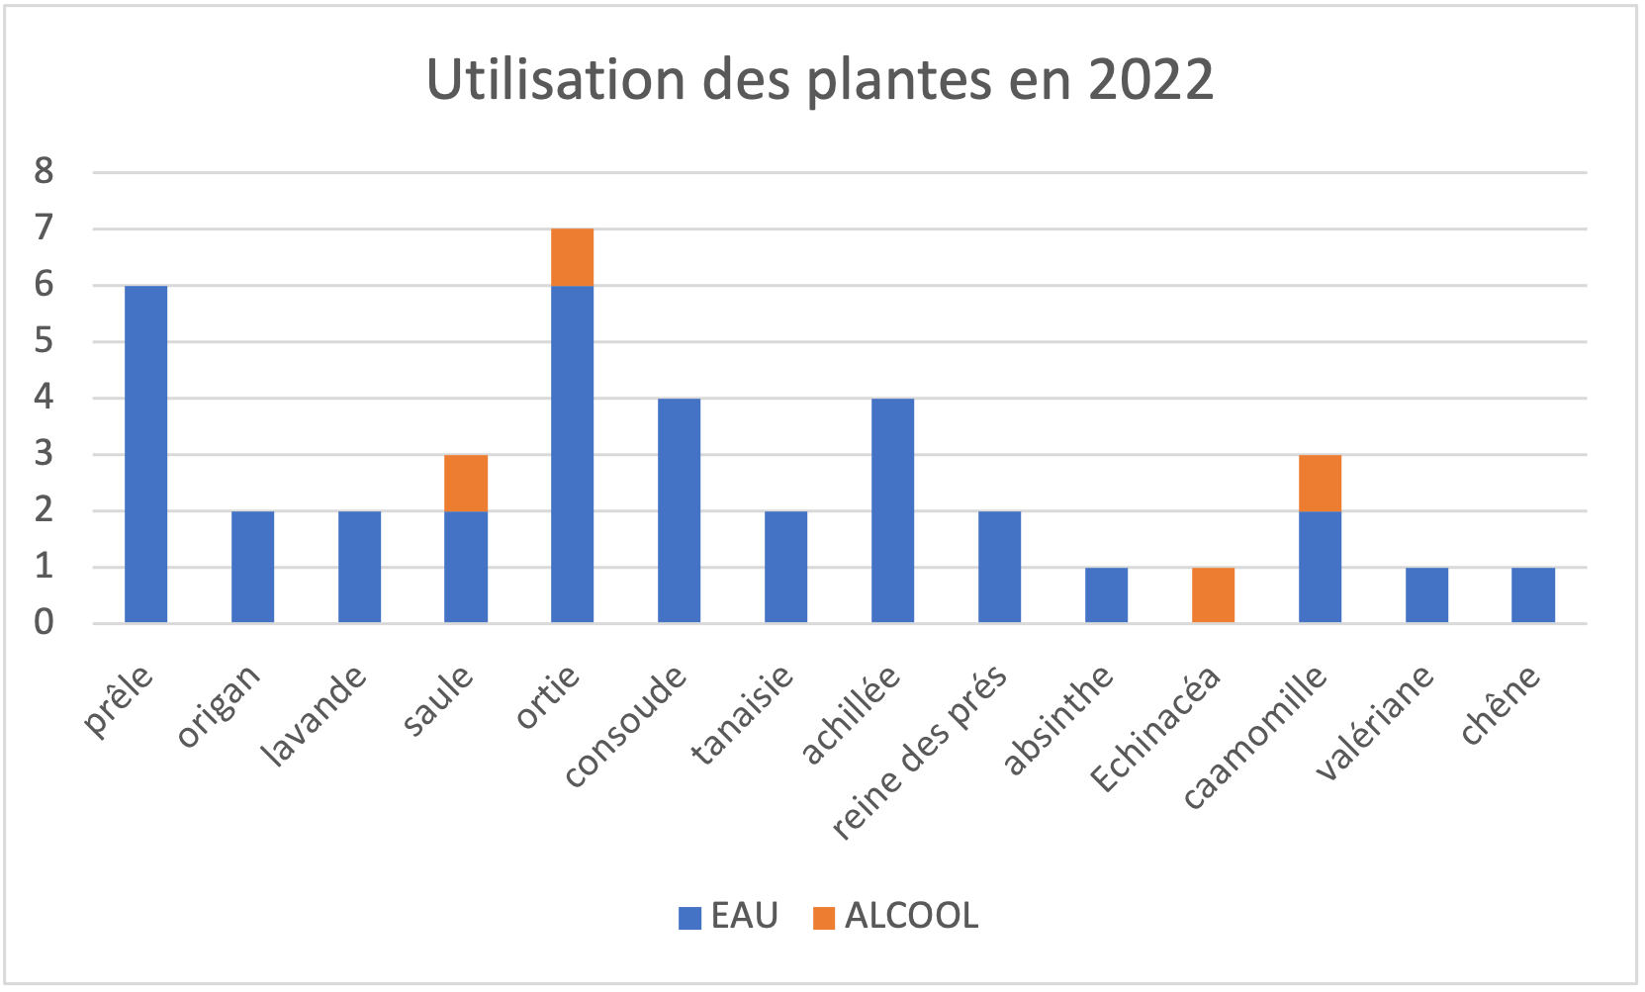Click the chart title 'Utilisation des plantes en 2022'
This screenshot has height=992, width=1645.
pos(820,80)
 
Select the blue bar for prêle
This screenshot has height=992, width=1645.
pos(145,454)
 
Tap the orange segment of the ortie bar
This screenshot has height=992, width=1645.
pos(572,257)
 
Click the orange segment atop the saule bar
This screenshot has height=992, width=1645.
pos(466,483)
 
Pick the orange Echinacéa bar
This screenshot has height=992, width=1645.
pos(1213,594)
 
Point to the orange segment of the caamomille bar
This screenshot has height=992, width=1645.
pos(1320,483)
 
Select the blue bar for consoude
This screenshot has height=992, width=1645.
pos(679,510)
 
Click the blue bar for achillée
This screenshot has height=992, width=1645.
pos(892,510)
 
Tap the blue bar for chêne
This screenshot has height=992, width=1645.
pos(1532,594)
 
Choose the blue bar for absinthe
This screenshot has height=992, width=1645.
pos(1106,594)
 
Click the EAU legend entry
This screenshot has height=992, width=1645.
pos(729,916)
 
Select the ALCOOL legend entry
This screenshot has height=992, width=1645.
pos(896,916)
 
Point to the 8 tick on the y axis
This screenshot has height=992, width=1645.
pos(44,171)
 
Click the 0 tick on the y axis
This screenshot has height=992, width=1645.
pos(44,622)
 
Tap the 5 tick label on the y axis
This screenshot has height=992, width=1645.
pos(44,341)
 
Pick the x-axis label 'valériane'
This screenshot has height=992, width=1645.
pos(1375,722)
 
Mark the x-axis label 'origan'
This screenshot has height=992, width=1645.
pos(220,704)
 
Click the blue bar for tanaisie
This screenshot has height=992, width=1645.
pos(785,567)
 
